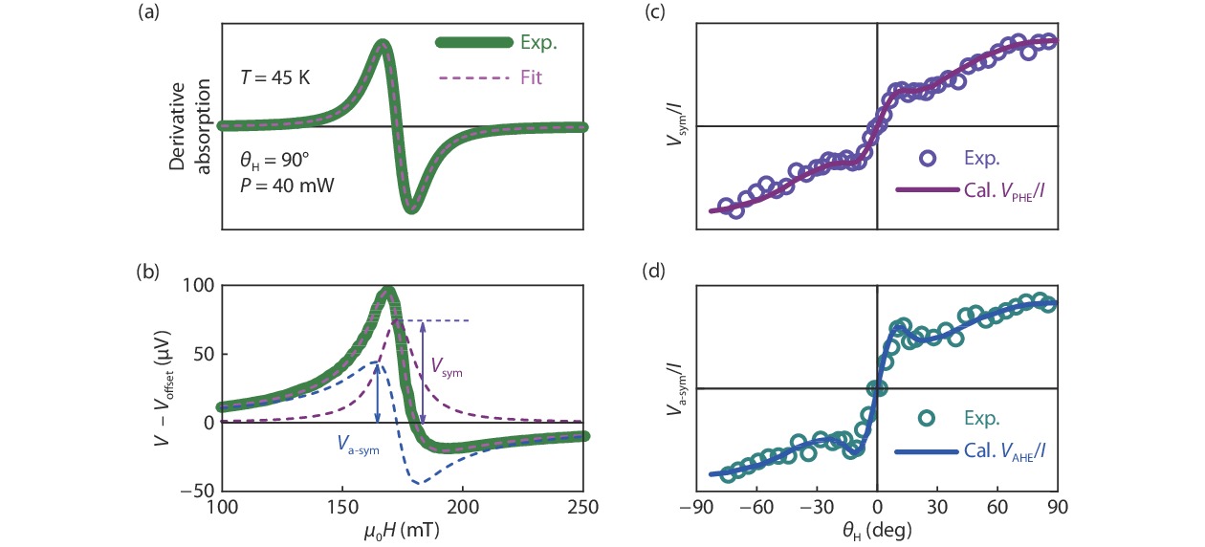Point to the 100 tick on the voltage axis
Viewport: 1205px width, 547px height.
point(199,286)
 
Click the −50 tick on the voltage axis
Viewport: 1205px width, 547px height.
point(195,491)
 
